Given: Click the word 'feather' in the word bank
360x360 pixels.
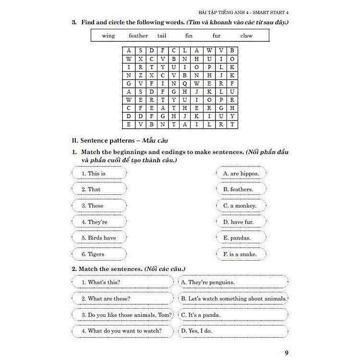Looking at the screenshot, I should click(x=138, y=36).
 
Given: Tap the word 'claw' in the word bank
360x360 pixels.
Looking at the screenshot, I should click(x=246, y=36).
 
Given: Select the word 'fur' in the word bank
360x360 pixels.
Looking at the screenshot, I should click(x=216, y=36).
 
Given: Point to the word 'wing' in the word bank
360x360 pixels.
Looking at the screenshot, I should click(x=108, y=36).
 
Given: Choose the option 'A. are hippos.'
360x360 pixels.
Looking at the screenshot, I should click(x=241, y=173).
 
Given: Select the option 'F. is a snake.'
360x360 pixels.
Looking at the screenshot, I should click(x=240, y=254).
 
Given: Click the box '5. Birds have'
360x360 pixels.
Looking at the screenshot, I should click(x=99, y=238).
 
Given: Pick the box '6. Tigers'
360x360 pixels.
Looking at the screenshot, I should click(x=99, y=254).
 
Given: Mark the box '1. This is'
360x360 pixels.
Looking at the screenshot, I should click(x=99, y=173).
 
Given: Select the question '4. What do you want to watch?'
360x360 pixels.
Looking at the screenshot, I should click(x=123, y=331).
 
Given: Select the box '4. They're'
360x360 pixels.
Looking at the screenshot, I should click(x=99, y=222).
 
